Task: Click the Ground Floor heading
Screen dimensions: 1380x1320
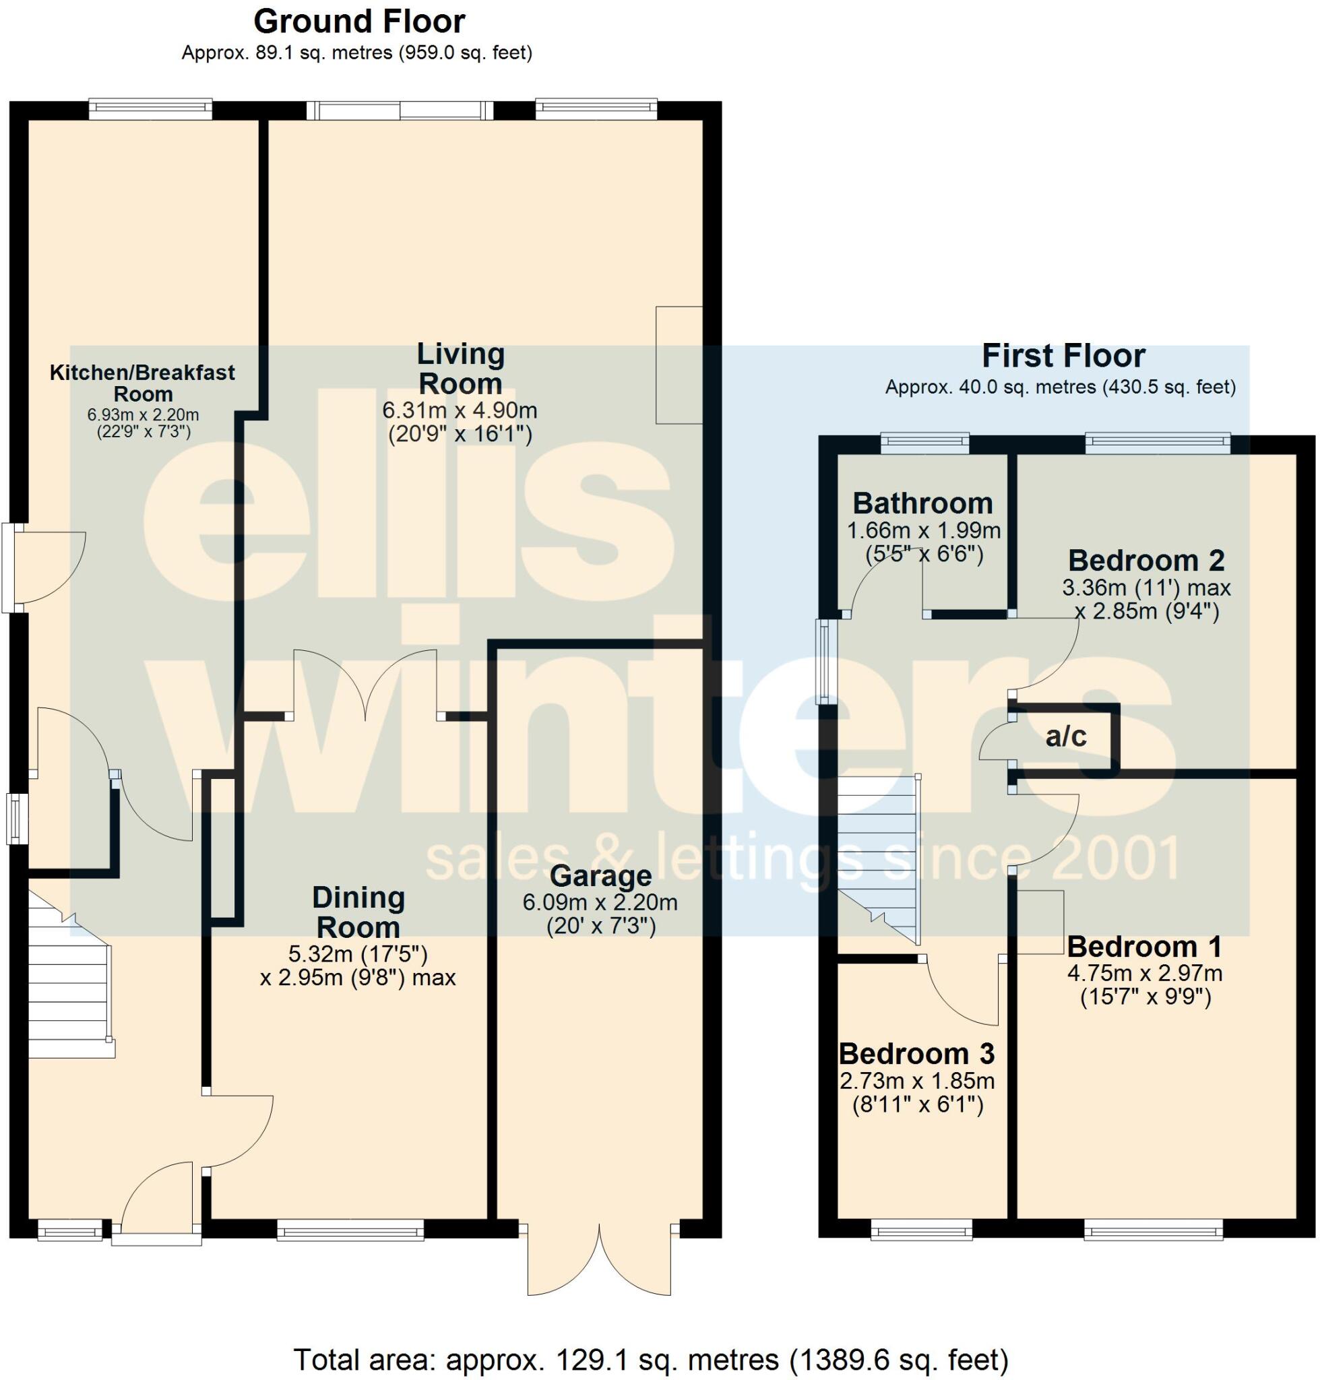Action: pos(359,22)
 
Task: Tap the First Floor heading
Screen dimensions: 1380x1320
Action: pos(1063,356)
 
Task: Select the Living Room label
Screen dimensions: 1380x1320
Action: pos(460,369)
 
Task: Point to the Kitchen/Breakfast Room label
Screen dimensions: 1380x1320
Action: pos(142,383)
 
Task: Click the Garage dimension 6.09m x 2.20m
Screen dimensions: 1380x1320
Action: pos(600,903)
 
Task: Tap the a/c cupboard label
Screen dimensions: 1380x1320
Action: pos(1066,736)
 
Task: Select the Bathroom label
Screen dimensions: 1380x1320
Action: pos(922,504)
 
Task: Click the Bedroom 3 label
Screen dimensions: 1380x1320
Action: pos(916,1054)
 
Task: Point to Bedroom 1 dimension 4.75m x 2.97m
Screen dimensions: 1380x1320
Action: pos(1145,974)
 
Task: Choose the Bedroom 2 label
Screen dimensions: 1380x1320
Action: pos(1146,561)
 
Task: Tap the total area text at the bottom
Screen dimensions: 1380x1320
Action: pos(651,1360)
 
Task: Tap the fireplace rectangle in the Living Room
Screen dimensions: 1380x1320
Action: pos(679,365)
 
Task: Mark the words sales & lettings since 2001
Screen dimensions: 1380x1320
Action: pos(802,858)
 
